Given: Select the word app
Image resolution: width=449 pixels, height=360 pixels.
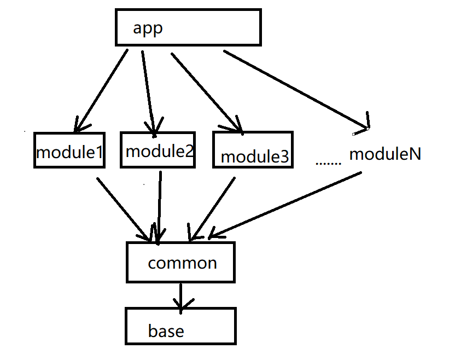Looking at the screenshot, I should pos(148,28).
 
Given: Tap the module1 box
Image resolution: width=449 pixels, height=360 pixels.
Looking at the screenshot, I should pos(69,150).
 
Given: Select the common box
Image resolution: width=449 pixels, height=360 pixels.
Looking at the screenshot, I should pos(181,263).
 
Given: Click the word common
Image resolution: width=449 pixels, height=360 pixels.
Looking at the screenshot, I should pos(182,263).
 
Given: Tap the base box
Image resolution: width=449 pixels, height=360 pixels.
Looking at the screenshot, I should pos(180,326).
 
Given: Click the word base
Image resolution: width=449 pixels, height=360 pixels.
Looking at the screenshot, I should pos(166,331).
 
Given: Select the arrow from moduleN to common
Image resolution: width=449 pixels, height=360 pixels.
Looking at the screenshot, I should pos(284,206).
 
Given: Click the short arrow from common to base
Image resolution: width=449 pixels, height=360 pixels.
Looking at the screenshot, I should pos(180,295).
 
